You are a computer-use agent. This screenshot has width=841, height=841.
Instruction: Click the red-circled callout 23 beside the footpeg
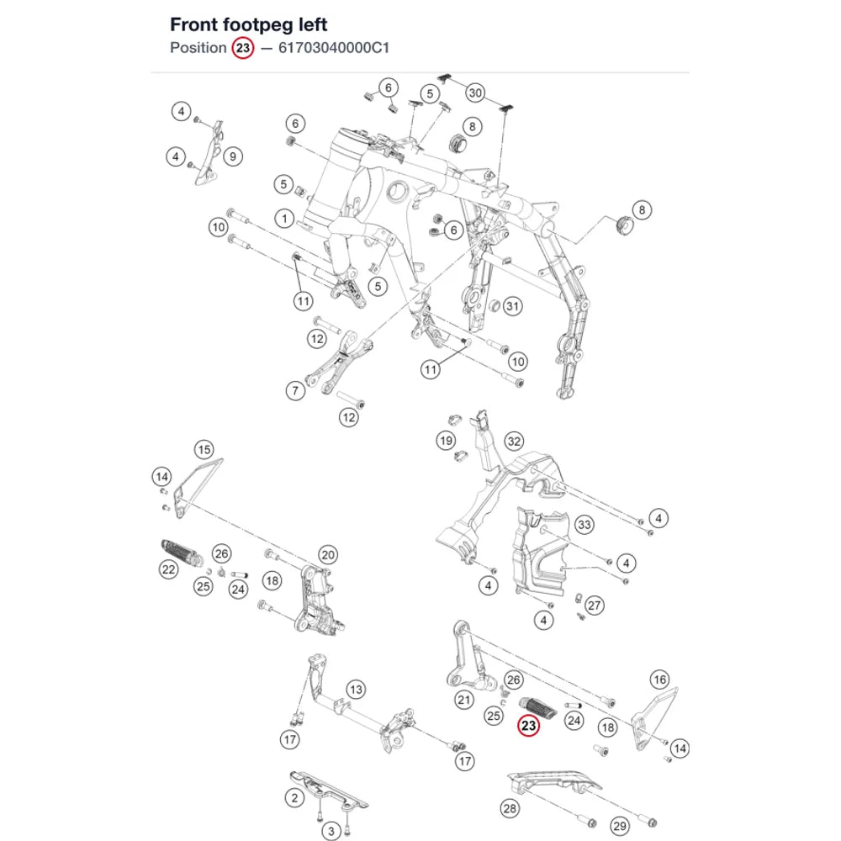tap(528, 726)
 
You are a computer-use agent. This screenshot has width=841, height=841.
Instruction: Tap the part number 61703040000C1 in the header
tap(334, 48)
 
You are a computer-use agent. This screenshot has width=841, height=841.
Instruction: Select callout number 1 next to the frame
tap(285, 219)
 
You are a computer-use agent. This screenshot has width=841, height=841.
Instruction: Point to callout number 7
tap(295, 390)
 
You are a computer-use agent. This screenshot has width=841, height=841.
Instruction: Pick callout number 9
tap(233, 156)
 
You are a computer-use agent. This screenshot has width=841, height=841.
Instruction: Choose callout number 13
tap(356, 690)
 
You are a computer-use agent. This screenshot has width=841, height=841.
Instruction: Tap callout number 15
tap(204, 449)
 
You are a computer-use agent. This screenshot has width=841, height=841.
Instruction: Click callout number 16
tap(659, 680)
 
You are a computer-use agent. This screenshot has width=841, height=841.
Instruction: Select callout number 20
tap(328, 555)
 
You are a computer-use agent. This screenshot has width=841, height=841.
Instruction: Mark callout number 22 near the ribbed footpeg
tap(169, 569)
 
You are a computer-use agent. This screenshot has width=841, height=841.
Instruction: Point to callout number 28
tap(510, 808)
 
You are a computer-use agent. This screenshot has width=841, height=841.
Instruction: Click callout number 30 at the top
tap(476, 93)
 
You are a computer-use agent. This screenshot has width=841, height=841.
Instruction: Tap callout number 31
tap(513, 306)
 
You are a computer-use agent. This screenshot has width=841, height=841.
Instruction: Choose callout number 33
tap(584, 525)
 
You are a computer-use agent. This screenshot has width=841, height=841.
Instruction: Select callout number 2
tap(294, 798)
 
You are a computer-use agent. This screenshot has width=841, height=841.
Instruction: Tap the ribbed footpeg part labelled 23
tap(538, 707)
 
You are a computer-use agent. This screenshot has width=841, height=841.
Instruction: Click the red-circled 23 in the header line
tap(243, 48)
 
